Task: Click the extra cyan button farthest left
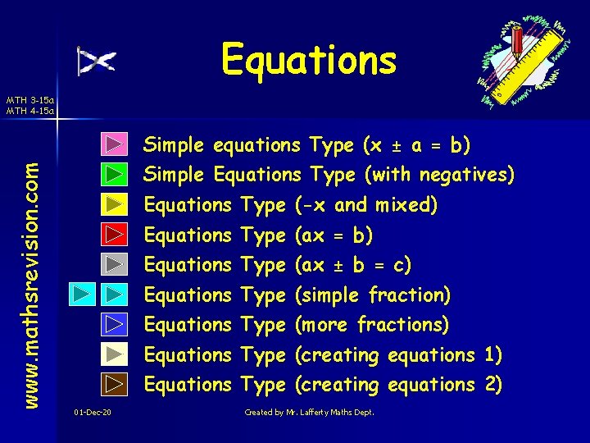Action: coord(82,294)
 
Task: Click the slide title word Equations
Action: coord(308,59)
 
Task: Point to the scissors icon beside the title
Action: coord(97,61)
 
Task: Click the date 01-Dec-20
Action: coord(93,412)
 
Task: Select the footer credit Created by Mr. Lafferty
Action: coord(309,412)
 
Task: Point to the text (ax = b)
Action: coord(333,235)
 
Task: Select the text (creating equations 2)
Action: coord(397,384)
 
